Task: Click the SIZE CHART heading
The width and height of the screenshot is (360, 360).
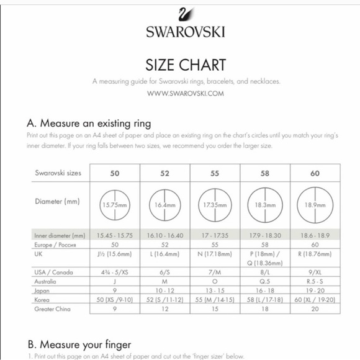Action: pos(185,65)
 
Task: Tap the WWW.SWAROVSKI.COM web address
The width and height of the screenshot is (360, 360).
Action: pos(185,93)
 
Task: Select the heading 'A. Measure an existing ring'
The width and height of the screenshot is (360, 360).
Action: pos(89,124)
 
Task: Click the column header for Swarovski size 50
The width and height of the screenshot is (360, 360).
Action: pos(115,173)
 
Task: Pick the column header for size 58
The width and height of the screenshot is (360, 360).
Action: pos(265,173)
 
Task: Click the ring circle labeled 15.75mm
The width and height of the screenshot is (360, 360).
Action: pos(115,204)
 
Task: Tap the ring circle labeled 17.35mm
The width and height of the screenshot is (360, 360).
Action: pos(215,204)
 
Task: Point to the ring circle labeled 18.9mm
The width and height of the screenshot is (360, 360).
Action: pos(315,204)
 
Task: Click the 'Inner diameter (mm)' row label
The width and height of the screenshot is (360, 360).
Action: pos(60,236)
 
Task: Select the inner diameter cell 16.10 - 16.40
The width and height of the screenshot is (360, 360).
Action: pos(164,236)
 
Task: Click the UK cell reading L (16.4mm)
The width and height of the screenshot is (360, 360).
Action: pos(164,254)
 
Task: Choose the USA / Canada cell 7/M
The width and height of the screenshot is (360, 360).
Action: pos(215,272)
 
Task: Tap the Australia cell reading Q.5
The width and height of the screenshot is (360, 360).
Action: pos(265,281)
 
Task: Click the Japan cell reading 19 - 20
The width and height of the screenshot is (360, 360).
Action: pos(315,290)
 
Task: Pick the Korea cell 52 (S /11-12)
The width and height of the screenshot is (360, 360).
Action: pos(164,299)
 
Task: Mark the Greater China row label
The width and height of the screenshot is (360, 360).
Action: pos(53,308)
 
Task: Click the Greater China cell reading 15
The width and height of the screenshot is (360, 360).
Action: pos(215,308)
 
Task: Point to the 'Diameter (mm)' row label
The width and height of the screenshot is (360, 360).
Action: pos(57,201)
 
